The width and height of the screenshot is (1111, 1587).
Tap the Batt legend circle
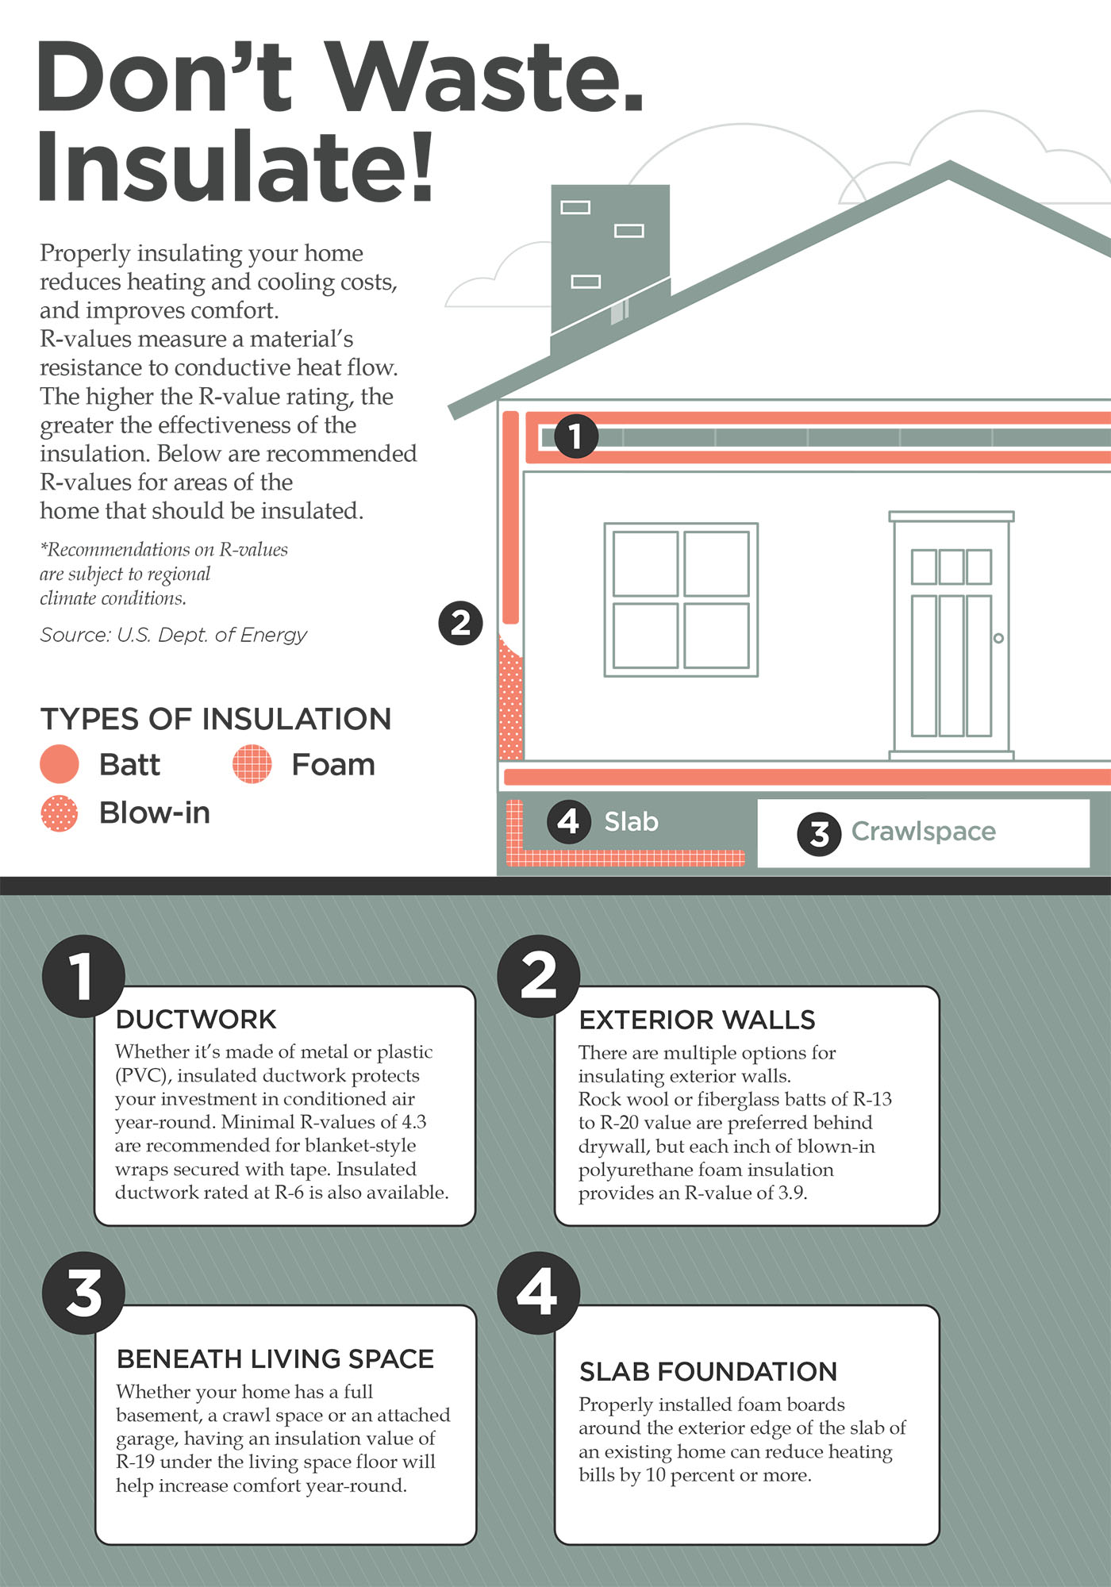[x=60, y=764]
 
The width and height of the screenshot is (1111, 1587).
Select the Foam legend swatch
[x=252, y=764]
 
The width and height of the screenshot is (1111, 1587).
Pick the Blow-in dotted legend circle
[x=60, y=813]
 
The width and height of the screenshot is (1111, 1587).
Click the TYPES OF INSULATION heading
[x=216, y=719]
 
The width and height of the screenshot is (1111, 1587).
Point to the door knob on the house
[x=998, y=638]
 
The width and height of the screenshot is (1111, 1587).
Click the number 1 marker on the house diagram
[x=575, y=436]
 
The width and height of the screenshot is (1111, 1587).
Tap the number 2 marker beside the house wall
[x=460, y=623]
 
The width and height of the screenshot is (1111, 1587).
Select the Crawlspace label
[x=924, y=831]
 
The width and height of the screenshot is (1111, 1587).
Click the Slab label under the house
[x=632, y=821]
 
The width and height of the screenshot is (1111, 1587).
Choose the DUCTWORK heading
[x=196, y=1020]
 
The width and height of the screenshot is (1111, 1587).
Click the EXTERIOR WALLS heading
[x=698, y=1020]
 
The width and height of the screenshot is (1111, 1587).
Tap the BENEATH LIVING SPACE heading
[x=275, y=1359]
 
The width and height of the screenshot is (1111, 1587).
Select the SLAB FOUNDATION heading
[x=709, y=1372]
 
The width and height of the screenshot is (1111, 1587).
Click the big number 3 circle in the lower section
[x=83, y=1293]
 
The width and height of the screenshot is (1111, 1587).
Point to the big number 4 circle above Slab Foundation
[x=539, y=1293]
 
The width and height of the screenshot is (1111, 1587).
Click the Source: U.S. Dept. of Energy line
[x=173, y=635]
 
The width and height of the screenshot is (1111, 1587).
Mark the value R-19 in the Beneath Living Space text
[x=135, y=1462]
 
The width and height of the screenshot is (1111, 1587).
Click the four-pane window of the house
[x=681, y=600]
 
